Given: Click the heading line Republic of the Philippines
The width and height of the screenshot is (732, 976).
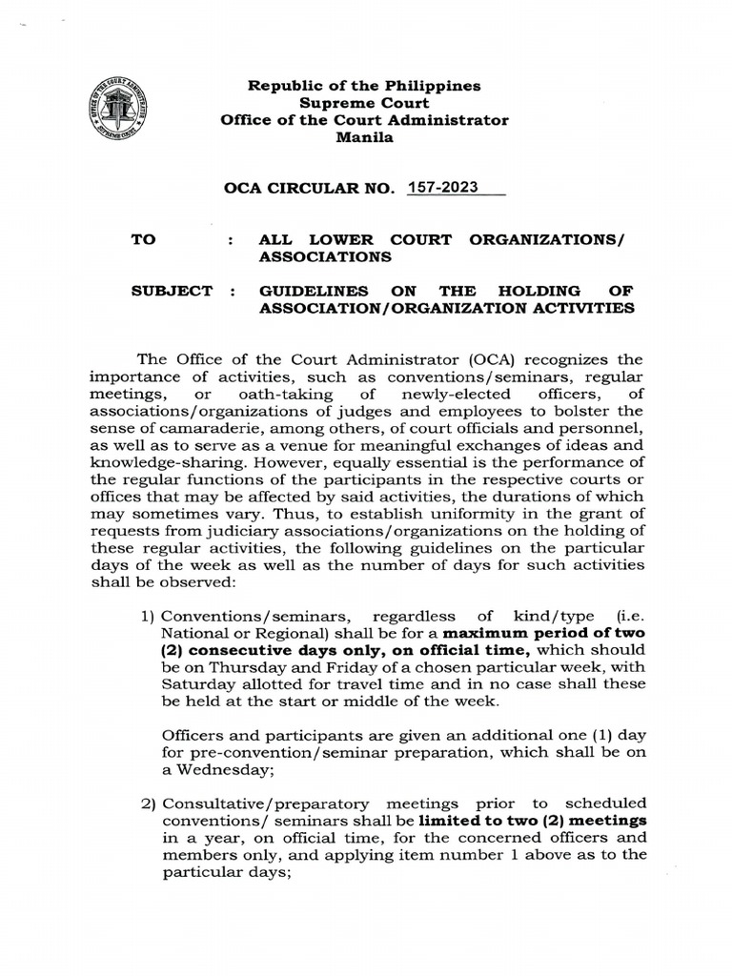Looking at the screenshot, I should (x=364, y=86).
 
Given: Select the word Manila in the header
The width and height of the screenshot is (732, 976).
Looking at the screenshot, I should (x=364, y=137).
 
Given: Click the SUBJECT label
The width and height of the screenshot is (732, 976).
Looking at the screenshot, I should (x=172, y=291).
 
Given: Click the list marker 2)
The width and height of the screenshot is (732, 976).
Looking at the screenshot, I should (x=149, y=803).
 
